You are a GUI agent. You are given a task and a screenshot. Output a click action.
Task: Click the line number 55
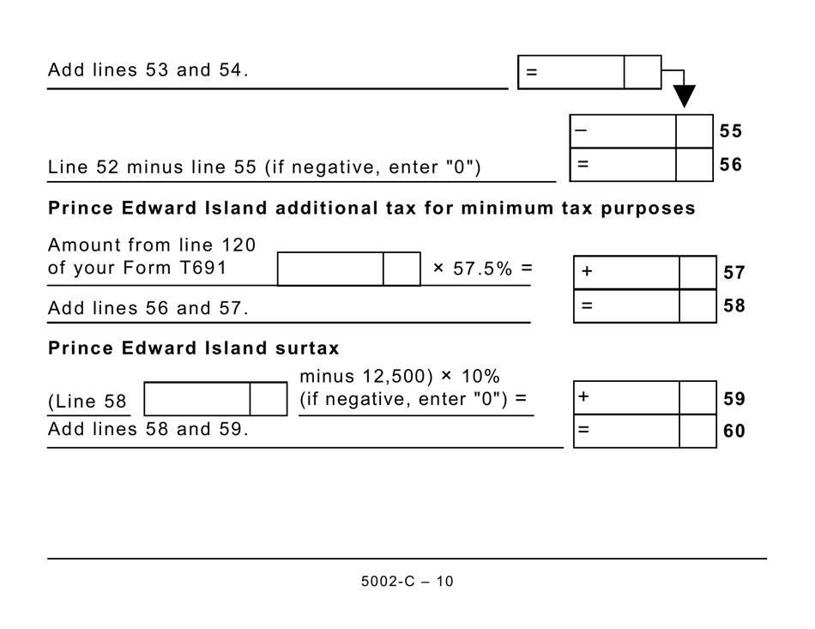point(730,131)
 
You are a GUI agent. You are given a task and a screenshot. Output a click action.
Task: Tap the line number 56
point(730,165)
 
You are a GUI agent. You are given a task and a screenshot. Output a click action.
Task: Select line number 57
point(733,273)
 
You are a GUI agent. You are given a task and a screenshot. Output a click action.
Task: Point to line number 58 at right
point(733,306)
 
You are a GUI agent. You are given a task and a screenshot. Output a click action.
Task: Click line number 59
point(733,399)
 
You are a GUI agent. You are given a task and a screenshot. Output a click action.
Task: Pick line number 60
point(733,432)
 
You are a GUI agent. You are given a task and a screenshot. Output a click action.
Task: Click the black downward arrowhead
point(684,95)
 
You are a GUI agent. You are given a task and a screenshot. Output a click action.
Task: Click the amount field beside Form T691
point(331,269)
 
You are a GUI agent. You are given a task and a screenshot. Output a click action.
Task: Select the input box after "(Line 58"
point(197,399)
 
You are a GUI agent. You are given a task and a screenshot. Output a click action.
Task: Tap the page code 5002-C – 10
point(407,582)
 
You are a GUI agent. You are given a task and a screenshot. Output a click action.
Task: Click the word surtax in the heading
point(307,348)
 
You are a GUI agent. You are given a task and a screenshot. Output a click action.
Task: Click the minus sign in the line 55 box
point(581,130)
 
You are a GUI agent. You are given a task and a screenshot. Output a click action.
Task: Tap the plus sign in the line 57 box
point(587,272)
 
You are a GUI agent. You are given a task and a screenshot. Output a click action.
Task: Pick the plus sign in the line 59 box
point(584,397)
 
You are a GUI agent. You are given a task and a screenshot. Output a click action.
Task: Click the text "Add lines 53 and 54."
point(148,70)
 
